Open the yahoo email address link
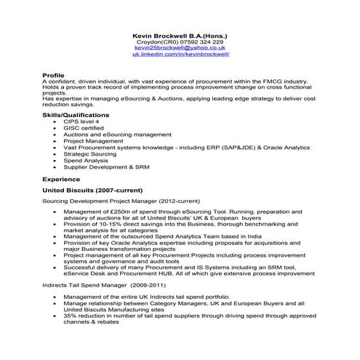click(180, 48)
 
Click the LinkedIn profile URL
click(180, 55)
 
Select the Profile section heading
click(53, 75)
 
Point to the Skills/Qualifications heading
click(76, 115)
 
